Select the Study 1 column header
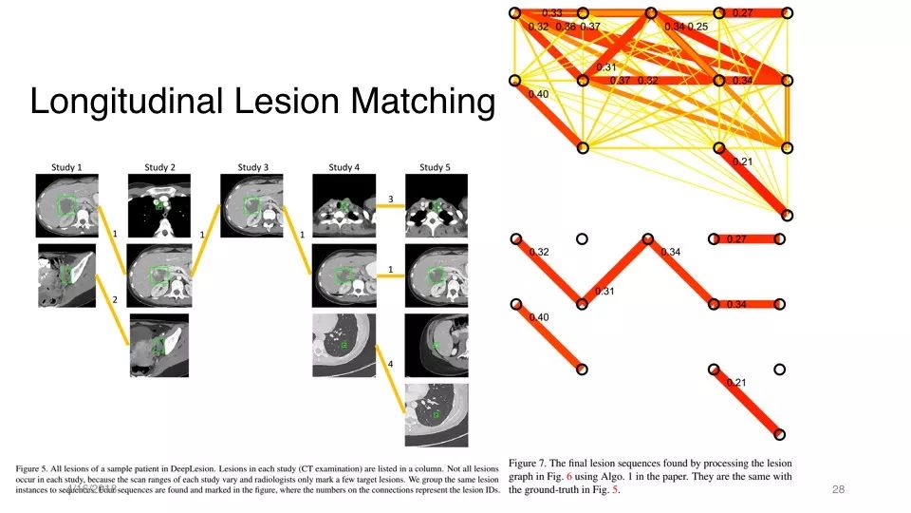coord(66,167)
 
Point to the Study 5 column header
coord(436,167)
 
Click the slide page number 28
coord(837,489)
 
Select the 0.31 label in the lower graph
coord(605,291)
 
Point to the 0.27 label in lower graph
coord(738,239)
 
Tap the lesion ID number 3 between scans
coord(390,199)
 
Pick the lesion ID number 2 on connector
coord(114,299)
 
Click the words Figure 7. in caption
coord(532,459)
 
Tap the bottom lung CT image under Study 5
coord(436,414)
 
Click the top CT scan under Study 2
coord(159,205)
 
